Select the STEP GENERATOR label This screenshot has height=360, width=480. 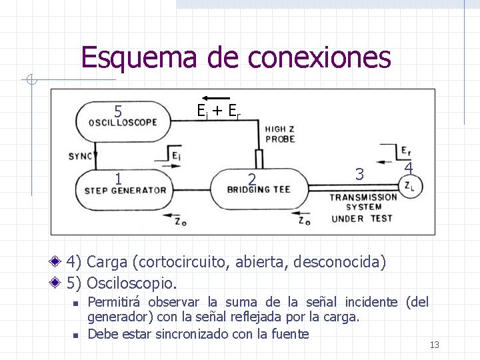pyautogui.click(x=125, y=190)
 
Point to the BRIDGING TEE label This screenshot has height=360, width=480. pyautogui.click(x=259, y=190)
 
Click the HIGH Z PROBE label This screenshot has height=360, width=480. pyautogui.click(x=280, y=134)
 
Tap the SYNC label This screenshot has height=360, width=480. pyautogui.click(x=81, y=157)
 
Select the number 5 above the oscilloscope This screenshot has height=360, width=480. pyautogui.click(x=117, y=111)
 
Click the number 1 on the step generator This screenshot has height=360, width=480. pyautogui.click(x=118, y=179)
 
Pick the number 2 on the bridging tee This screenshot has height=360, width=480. pyautogui.click(x=251, y=179)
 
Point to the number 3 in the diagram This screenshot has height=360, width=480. pyautogui.click(x=359, y=175)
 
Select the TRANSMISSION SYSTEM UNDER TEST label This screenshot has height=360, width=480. pyautogui.click(x=363, y=207)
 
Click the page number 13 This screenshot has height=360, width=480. pyautogui.click(x=435, y=345)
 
